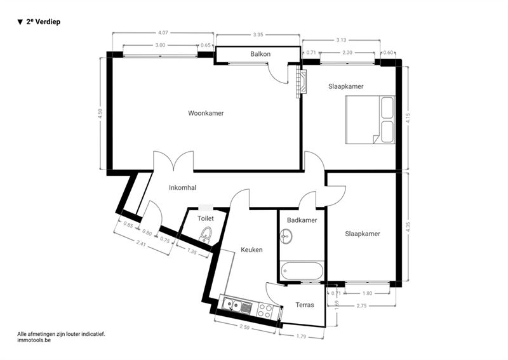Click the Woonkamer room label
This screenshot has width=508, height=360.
click(206, 113)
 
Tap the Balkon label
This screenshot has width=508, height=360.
click(260, 54)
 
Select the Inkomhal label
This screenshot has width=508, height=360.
click(182, 187)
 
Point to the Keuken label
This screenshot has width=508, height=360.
click(251, 250)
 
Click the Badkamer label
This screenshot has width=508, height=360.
click(302, 220)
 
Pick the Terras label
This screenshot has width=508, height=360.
click(305, 305)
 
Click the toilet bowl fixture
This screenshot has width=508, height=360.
click(205, 234)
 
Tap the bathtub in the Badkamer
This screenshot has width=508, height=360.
click(302, 270)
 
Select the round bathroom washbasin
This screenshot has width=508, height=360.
click(286, 236)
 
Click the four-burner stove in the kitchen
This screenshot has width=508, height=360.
click(265, 310)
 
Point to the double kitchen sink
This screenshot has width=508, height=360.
click(236, 306)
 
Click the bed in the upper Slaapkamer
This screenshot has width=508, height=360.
click(370, 119)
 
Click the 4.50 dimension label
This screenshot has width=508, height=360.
click(100, 114)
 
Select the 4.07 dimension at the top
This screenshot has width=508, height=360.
click(163, 33)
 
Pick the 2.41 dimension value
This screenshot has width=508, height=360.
click(140, 243)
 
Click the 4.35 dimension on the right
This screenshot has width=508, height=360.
click(408, 227)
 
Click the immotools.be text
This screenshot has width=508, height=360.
click(34, 340)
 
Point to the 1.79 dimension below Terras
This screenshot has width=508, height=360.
click(301, 337)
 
